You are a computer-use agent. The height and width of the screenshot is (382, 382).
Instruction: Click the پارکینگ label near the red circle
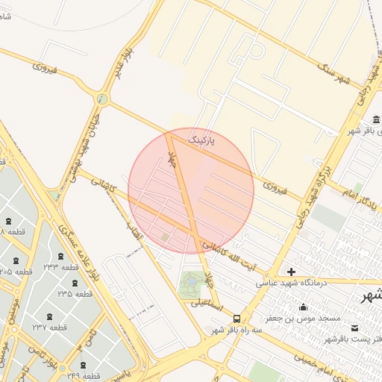(x=201, y=140)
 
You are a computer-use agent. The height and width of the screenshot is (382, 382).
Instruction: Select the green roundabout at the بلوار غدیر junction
(x=102, y=98)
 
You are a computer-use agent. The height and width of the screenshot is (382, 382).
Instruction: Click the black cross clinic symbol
(x=291, y=271)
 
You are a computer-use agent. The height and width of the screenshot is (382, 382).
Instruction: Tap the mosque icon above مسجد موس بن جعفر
(x=303, y=307)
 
